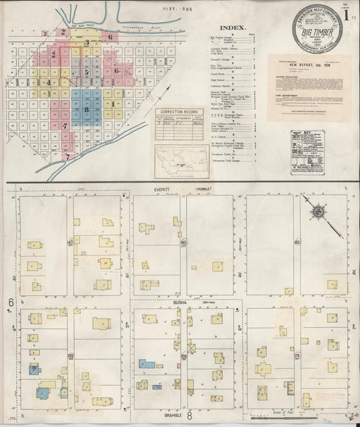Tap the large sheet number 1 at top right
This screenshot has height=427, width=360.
[x=345, y=13]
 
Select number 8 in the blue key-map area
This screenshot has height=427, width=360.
[x=86, y=109]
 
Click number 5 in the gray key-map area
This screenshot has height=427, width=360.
[x=86, y=70]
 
